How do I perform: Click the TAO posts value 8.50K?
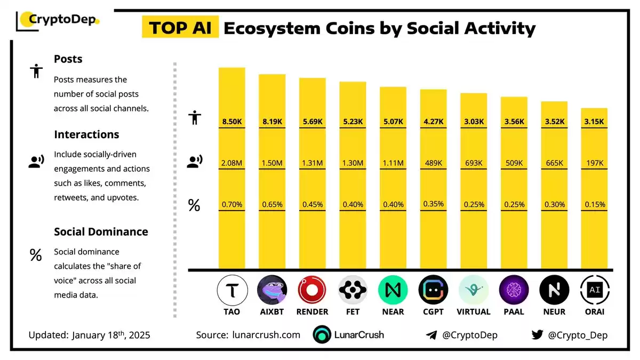(x=232, y=122)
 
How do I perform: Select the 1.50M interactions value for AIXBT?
(x=272, y=163)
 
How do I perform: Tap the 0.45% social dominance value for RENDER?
(x=313, y=205)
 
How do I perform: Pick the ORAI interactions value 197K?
(x=595, y=163)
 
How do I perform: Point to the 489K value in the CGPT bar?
(x=434, y=163)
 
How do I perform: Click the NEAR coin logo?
(x=393, y=290)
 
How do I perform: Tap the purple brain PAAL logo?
(x=514, y=290)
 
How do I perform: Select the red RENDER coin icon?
(x=312, y=290)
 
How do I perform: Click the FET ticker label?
(x=353, y=311)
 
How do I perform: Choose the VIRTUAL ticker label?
(x=474, y=311)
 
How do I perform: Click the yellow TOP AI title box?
(x=180, y=27)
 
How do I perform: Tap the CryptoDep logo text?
(x=62, y=19)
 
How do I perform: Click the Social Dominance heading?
(x=101, y=231)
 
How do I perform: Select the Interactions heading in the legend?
(x=86, y=134)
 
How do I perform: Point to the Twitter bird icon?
(x=538, y=334)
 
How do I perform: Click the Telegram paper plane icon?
(x=431, y=335)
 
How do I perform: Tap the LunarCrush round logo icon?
(x=322, y=334)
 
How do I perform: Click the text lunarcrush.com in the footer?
(x=266, y=335)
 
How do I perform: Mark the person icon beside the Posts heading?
(x=36, y=71)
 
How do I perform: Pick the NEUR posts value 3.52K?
(x=555, y=122)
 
